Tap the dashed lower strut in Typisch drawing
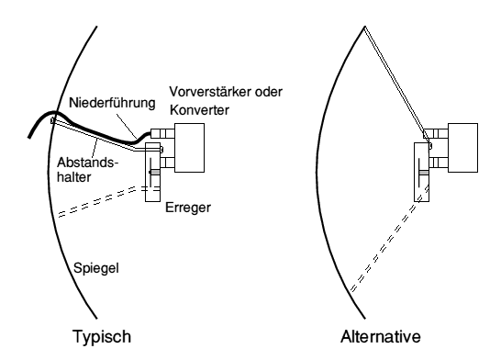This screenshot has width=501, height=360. click(95, 203)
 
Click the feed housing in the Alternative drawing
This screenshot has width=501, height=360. click(425, 165)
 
